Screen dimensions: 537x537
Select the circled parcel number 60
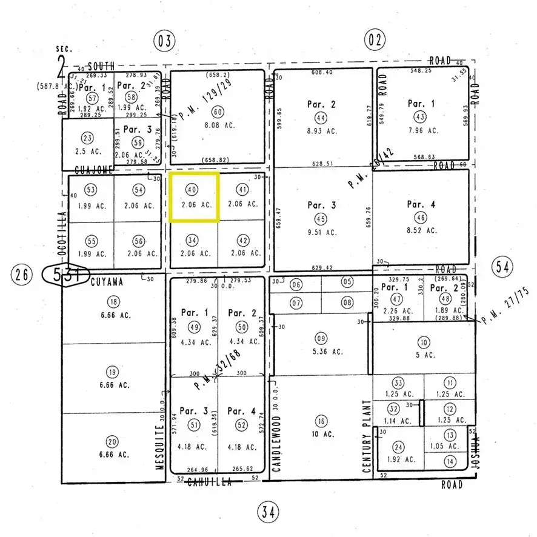tap(218, 112)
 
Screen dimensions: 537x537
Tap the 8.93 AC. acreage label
tap(321, 130)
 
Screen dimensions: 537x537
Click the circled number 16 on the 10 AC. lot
tap(321, 422)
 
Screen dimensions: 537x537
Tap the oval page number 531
tap(65, 275)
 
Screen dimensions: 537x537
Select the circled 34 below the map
tap(269, 513)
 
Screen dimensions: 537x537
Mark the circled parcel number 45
tap(321, 218)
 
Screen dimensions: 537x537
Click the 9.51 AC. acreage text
tap(321, 232)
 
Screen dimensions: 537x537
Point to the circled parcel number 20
tap(112, 441)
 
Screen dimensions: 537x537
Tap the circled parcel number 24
tap(398, 448)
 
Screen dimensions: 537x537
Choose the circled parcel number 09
tap(321, 337)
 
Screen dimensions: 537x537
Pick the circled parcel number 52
tap(242, 424)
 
